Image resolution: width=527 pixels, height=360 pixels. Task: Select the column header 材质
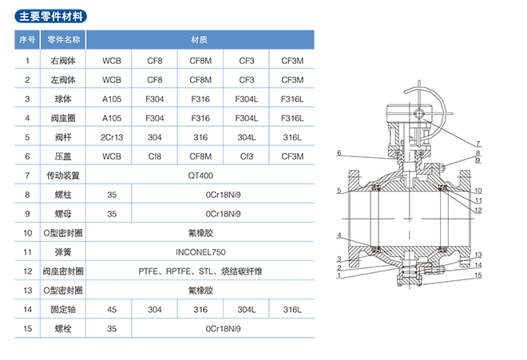200,39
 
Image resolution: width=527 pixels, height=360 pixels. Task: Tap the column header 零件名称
63,39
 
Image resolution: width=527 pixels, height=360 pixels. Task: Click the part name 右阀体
63,61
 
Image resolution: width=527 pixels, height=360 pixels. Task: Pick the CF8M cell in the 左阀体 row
200,80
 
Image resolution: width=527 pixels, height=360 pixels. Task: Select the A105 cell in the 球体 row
111,99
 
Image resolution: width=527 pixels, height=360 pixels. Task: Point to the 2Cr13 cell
111,137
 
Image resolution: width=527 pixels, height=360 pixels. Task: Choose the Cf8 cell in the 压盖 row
155,156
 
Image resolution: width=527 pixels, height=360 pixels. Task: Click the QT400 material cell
200,176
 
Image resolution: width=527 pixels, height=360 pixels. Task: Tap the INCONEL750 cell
200,251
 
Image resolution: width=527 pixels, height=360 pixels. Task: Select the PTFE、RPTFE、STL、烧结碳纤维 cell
200,271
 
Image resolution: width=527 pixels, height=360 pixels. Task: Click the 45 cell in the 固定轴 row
111,309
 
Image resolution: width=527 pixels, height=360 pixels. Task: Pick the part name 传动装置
63,176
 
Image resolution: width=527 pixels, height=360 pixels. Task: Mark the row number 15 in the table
27,328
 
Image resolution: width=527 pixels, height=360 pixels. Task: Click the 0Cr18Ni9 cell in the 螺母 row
222,214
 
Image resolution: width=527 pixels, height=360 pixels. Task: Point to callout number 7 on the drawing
478,143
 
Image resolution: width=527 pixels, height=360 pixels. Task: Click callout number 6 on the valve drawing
339,153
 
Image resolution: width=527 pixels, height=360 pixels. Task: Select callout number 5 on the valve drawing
339,191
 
